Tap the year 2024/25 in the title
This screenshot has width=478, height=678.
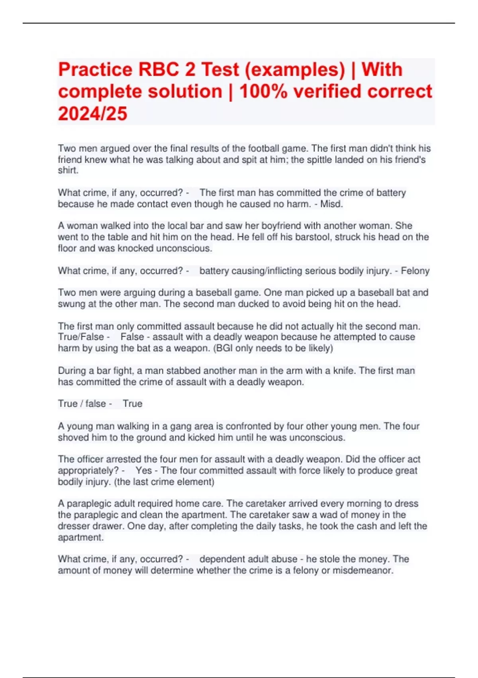point(92,113)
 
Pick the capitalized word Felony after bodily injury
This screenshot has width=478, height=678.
point(415,271)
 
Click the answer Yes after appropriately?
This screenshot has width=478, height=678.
point(143,471)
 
